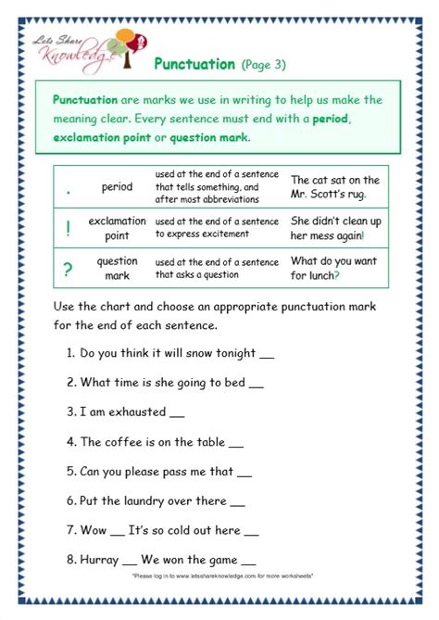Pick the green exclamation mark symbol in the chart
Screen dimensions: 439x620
pyautogui.click(x=69, y=228)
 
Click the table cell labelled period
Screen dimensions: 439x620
pyautogui.click(x=117, y=187)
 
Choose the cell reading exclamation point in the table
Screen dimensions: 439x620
pyautogui.click(x=117, y=228)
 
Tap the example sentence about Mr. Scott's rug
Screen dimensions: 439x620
pyautogui.click(x=334, y=187)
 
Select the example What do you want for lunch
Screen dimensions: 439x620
pyautogui.click(x=334, y=268)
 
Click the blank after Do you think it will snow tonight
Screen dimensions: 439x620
pyautogui.click(x=266, y=354)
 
